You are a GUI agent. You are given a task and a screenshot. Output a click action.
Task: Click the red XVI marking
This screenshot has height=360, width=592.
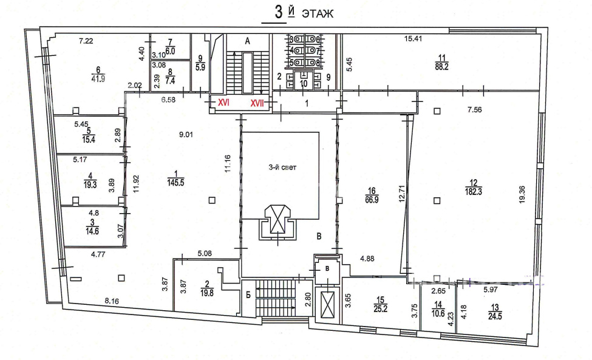pyautogui.click(x=224, y=102)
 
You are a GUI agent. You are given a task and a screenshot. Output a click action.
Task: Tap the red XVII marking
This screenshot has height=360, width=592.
pyautogui.click(x=257, y=103)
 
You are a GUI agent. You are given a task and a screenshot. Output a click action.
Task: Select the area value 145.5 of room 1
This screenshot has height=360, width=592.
pyautogui.click(x=176, y=183)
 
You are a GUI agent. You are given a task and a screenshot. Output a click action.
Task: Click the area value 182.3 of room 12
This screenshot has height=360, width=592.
pyautogui.click(x=474, y=192)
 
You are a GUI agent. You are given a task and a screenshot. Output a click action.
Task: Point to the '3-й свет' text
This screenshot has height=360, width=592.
pyautogui.click(x=282, y=167)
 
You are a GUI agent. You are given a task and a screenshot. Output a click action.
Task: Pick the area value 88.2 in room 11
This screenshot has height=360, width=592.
pyautogui.click(x=441, y=67)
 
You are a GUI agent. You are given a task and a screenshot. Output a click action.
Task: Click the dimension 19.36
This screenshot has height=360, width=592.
pyautogui.click(x=522, y=194)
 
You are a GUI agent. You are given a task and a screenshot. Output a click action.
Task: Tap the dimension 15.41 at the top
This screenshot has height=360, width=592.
pyautogui.click(x=413, y=38)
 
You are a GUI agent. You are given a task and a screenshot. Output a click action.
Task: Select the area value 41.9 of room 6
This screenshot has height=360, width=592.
pyautogui.click(x=98, y=79)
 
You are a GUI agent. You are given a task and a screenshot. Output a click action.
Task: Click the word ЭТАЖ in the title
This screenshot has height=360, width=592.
pyautogui.click(x=318, y=14)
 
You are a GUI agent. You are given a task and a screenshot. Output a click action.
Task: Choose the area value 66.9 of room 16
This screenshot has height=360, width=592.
pyautogui.click(x=372, y=200)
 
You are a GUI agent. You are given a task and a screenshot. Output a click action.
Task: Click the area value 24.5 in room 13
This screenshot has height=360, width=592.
pyautogui.click(x=495, y=316)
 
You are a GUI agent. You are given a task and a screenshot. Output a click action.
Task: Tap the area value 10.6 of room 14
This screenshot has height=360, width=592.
pyautogui.click(x=438, y=313)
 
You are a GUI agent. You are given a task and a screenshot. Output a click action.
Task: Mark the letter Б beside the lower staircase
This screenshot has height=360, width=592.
pyautogui.click(x=248, y=295)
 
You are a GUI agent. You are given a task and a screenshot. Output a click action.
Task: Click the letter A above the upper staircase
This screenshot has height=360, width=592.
pyautogui.click(x=248, y=41)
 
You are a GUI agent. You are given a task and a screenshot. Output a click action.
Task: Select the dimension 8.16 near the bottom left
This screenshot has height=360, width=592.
pyautogui.click(x=112, y=301)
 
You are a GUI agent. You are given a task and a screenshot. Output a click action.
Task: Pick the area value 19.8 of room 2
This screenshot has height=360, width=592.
pyautogui.click(x=207, y=293)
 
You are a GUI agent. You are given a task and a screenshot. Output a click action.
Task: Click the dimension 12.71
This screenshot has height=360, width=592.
pyautogui.click(x=401, y=192)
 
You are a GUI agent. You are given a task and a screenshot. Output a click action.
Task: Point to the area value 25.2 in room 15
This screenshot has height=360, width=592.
pyautogui.click(x=381, y=308)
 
